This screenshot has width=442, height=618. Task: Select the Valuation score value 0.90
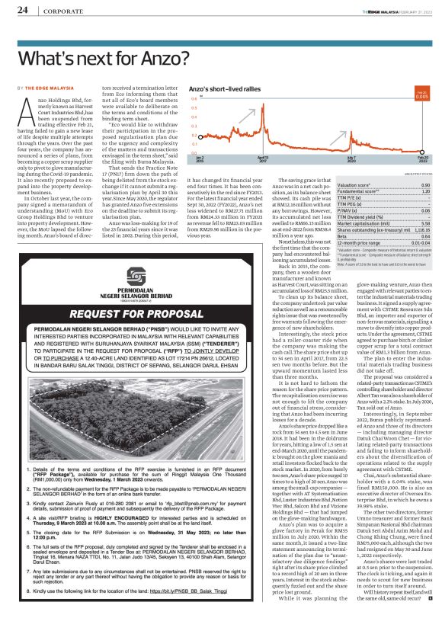(x=425, y=185)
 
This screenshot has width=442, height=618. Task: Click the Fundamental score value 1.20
(x=425, y=191)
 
